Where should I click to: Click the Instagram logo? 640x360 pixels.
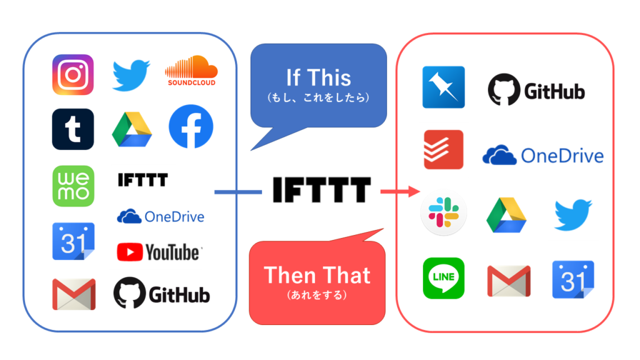(73, 75)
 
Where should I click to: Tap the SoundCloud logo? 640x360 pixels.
(190, 71)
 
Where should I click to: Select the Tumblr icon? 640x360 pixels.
(73, 129)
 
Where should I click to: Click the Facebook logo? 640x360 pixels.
(191, 127)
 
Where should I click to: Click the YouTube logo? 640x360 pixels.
(159, 252)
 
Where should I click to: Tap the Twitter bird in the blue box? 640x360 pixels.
(131, 75)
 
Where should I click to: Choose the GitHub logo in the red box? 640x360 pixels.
(536, 91)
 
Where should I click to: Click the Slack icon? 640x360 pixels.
(442, 214)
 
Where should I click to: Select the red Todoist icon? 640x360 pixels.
(443, 149)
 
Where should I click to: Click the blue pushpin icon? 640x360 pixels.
(443, 87)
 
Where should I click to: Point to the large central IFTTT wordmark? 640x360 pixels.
(321, 189)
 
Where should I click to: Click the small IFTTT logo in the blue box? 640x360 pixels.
(142, 181)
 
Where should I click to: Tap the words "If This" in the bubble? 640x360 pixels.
(318, 78)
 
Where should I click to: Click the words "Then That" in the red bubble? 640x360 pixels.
(317, 276)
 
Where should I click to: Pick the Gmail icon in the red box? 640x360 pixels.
(508, 281)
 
